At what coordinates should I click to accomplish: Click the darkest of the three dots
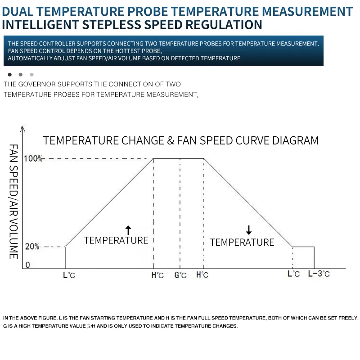coord(9,74)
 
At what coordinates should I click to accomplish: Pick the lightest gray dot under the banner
coord(31,74)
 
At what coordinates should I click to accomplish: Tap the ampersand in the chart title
coord(171,140)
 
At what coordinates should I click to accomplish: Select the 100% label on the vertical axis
coord(33,158)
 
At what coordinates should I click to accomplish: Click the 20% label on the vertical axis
coord(32,247)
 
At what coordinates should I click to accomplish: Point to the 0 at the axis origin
coord(27,265)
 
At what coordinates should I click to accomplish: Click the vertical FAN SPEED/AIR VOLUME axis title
coord(13,202)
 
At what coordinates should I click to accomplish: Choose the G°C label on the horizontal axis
coord(180,275)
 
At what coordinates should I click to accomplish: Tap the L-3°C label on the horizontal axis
coord(319,274)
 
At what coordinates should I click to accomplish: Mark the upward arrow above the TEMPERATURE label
coord(128,230)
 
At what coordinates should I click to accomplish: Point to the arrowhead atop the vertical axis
coord(22,129)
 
